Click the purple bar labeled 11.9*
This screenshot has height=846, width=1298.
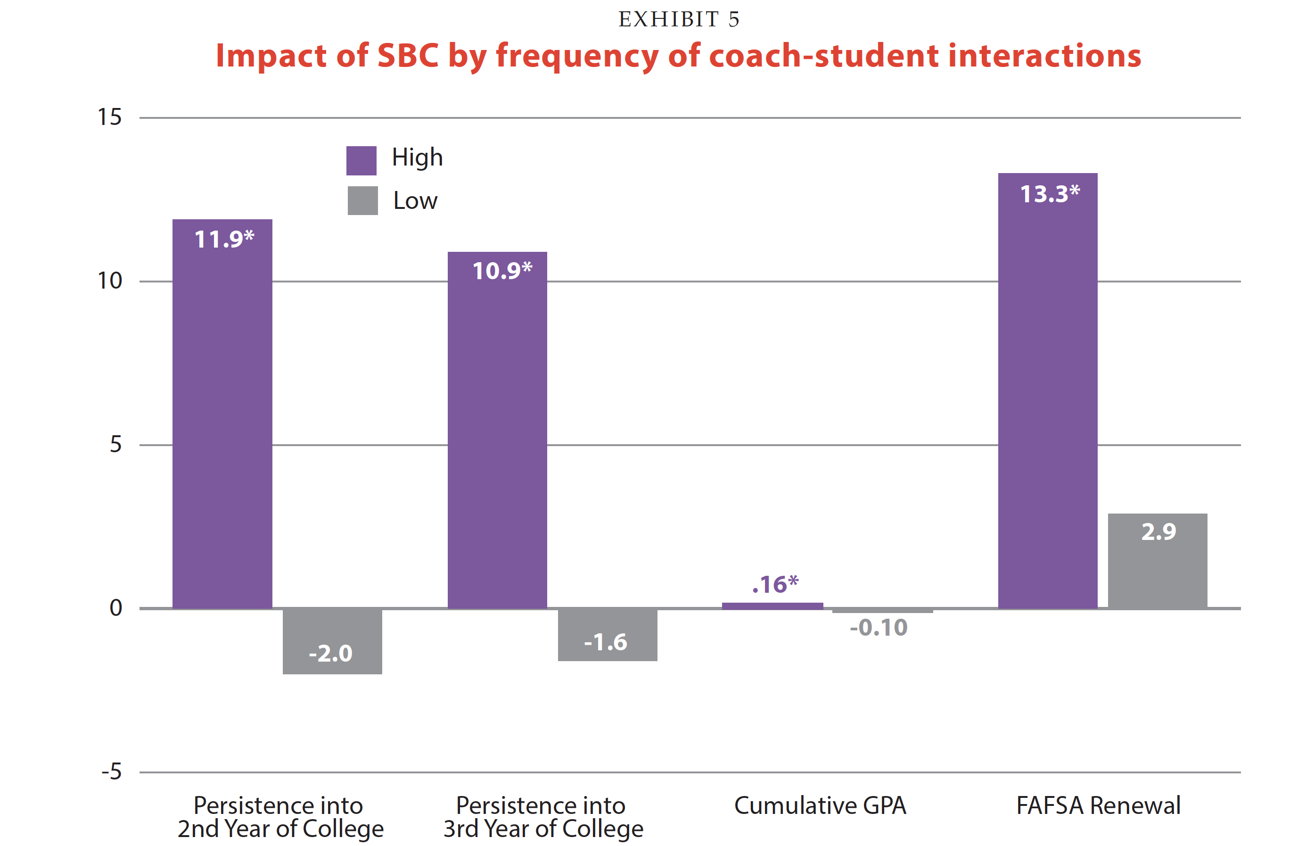pos(222,415)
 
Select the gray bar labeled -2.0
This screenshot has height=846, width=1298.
pos(332,642)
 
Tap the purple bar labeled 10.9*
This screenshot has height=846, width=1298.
pos(497,431)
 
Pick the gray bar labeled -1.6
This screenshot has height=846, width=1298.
pos(607,635)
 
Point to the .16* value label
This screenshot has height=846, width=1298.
pos(775,585)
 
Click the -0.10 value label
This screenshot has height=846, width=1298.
pos(879,628)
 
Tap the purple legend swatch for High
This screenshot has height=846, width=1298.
pos(361,160)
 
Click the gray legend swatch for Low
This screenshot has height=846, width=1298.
pos(363,200)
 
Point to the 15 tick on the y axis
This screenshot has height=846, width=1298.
pos(110,117)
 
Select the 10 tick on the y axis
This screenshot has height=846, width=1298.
pos(110,281)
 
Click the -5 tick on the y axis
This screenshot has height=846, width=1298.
pos(111,772)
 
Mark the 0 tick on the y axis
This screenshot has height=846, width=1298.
pos(115,608)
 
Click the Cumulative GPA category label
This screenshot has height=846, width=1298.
pos(820,805)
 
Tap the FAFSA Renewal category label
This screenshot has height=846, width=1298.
pos(1098,805)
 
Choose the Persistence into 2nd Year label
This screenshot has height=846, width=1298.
pos(280,817)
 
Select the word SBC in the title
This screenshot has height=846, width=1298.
pos(408,56)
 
